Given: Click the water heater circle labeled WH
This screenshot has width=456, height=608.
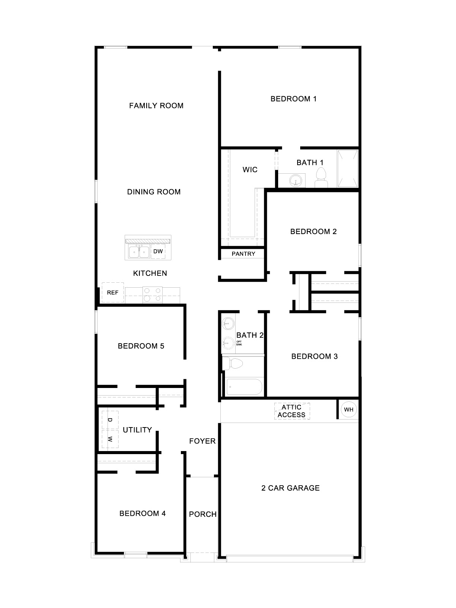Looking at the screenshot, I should point(348,409).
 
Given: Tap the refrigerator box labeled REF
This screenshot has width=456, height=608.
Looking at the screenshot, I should point(112,293).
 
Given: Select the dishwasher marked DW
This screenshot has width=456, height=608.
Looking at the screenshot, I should point(158,252).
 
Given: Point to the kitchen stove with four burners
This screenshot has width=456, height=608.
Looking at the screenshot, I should point(152,294).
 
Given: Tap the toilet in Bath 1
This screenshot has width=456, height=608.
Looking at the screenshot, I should point(321,178).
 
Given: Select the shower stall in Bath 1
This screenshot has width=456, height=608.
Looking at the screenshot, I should point(348,168).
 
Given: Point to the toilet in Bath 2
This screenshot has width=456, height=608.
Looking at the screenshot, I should point(233,364).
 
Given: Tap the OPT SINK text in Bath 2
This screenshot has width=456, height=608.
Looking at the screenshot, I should point(239,343).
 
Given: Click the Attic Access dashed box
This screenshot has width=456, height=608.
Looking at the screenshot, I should point(292,411).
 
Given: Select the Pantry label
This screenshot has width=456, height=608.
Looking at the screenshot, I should point(243,254).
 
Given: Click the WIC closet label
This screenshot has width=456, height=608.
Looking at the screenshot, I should point(250,170).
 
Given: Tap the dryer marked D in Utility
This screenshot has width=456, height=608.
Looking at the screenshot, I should point(110,420).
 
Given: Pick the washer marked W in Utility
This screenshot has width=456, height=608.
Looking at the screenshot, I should point(110,439).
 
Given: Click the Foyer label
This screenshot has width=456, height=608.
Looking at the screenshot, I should point(203,441).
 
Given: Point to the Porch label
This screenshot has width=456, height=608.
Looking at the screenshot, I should point(203,515).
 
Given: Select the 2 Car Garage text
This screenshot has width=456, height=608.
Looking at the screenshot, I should point(290,488).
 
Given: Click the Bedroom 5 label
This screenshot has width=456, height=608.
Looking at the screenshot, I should point(141,346).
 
